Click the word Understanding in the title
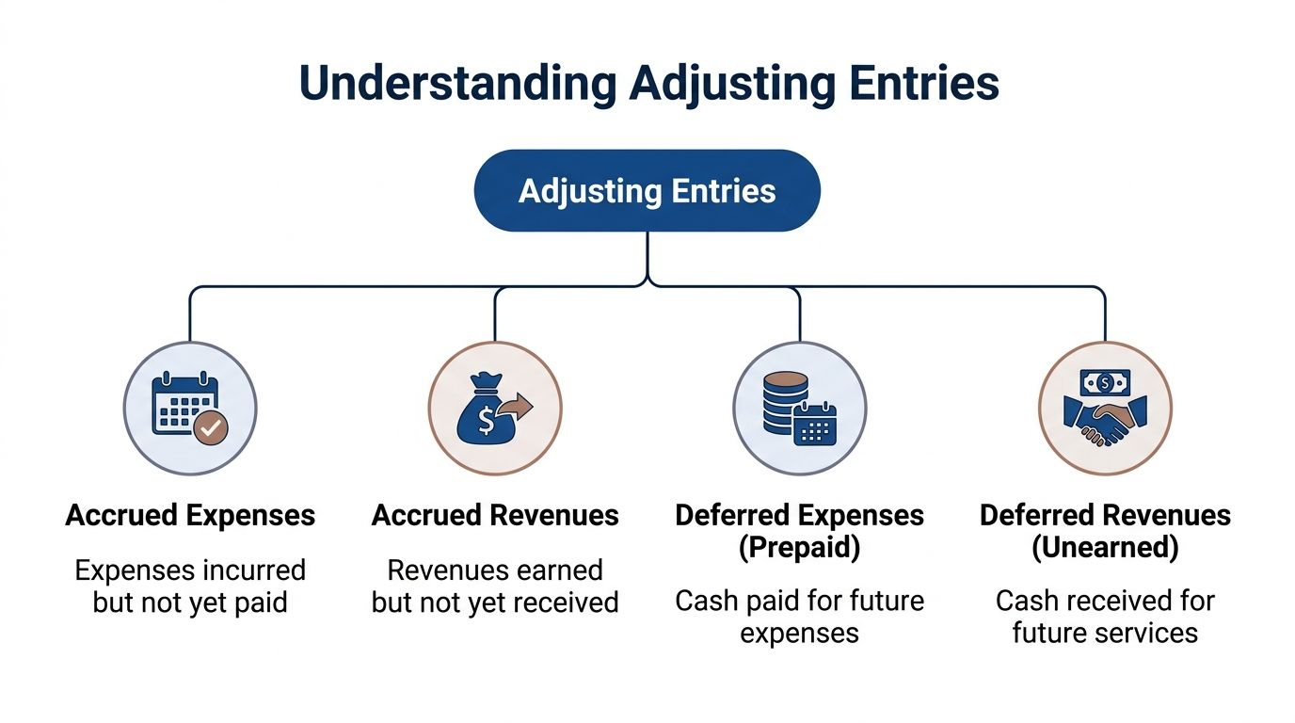pos(458,84)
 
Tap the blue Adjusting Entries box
pos(647,191)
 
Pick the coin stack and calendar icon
pos(799,408)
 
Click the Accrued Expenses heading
pos(190,516)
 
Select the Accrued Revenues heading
pos(495,516)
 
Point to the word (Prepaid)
pos(799,548)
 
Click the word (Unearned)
pos(1105,548)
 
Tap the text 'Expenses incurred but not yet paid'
pos(190,586)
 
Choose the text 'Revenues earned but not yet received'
pos(495,586)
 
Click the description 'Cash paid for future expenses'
pos(799,617)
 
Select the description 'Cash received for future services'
pos(1105,617)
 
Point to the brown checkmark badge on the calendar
pos(211,428)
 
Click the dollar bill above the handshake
pos(1105,381)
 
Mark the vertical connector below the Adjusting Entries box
pos(647,256)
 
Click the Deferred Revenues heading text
pos(1105,516)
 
